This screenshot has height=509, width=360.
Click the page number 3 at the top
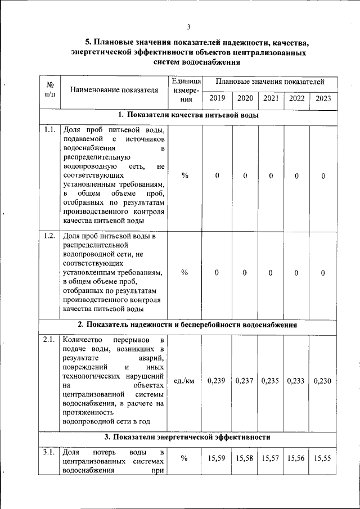(189, 26)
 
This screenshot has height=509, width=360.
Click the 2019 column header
(217, 98)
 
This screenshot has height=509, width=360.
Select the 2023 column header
(323, 98)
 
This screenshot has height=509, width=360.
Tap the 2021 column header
(271, 98)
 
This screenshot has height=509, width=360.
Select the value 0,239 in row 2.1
(217, 381)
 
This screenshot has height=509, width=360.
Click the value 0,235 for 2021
(271, 381)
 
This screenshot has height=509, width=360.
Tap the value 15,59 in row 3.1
(217, 459)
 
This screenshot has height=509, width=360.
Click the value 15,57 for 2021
(271, 459)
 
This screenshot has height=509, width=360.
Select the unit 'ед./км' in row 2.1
(184, 381)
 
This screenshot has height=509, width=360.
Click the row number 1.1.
(49, 130)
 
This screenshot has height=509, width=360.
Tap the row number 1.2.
(49, 236)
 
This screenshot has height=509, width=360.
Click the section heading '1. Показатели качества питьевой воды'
(188, 115)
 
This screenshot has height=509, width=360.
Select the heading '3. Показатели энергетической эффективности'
(188, 437)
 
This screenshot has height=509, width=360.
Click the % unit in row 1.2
(184, 273)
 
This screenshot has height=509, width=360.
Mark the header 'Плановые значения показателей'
(269, 83)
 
